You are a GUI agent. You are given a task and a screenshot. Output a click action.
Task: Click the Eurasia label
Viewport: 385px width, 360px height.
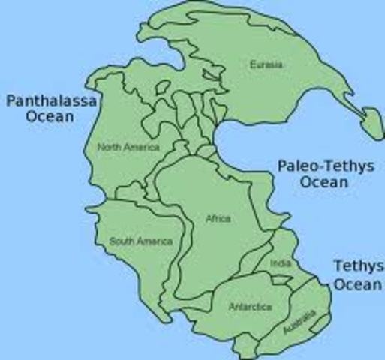point(266,64)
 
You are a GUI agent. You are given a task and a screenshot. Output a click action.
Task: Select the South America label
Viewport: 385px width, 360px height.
point(141,241)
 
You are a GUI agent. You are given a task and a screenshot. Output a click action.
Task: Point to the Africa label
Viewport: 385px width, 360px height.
point(218,219)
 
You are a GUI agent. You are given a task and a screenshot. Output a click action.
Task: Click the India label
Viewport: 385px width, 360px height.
point(280,264)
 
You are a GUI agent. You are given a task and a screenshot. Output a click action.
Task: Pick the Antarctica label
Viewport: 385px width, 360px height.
point(250,307)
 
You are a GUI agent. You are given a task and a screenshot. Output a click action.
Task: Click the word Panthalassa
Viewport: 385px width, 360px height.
point(51,101)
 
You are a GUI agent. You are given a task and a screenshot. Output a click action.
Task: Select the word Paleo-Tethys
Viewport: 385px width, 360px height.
point(326,166)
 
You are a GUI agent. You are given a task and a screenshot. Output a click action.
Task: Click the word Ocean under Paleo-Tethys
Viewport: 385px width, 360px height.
point(325,182)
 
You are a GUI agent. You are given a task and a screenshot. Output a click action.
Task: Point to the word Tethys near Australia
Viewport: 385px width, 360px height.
point(359,266)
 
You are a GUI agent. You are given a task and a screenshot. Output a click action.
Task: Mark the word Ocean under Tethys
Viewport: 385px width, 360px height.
point(357,283)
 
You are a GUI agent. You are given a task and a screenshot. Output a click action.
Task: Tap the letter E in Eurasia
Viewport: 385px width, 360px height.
point(252,64)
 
